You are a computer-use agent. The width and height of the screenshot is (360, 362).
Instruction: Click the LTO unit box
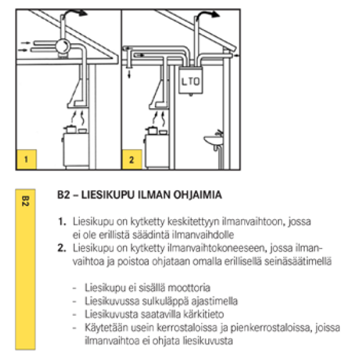(191, 80)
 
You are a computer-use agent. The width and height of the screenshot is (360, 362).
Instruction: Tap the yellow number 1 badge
(26, 159)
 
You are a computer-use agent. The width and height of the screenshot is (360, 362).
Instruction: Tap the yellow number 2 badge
(131, 159)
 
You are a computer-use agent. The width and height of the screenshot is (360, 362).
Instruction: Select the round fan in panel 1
(62, 46)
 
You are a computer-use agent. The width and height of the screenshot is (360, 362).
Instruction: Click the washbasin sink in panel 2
(214, 140)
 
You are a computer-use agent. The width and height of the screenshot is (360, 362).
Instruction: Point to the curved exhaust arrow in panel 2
(206, 14)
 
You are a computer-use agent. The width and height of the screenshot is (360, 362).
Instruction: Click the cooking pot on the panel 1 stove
(70, 129)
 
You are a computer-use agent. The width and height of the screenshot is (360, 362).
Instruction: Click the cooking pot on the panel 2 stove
(152, 130)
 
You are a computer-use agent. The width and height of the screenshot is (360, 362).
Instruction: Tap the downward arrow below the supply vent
(129, 74)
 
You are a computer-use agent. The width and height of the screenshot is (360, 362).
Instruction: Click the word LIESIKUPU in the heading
(108, 195)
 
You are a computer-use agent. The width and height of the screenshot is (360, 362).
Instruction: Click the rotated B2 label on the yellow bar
(25, 201)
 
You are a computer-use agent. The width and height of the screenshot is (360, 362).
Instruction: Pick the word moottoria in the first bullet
(189, 288)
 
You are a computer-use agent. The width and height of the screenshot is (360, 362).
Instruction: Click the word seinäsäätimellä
(298, 262)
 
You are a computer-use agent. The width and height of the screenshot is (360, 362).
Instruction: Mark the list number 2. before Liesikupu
(62, 248)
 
